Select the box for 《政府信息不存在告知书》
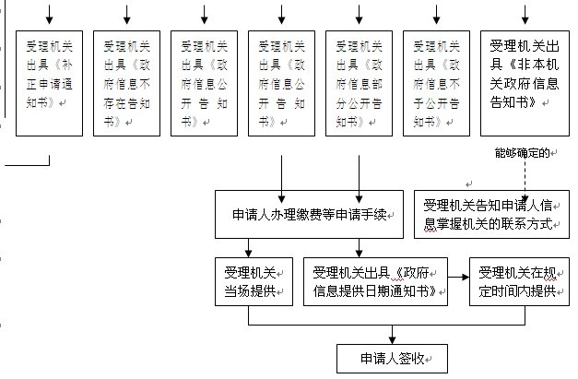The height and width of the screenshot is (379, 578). tap(126, 83)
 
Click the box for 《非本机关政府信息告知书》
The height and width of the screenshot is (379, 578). tap(525, 83)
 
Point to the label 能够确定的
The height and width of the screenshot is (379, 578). tap(521, 151)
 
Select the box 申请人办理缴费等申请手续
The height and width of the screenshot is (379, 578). tap(307, 215)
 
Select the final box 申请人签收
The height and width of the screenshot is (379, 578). tap(392, 358)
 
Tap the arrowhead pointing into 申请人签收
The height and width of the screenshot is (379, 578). tap(392, 340)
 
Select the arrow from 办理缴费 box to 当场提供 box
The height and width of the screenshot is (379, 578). tap(249, 247)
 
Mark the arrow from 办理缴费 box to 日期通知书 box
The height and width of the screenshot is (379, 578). tap(359, 247)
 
